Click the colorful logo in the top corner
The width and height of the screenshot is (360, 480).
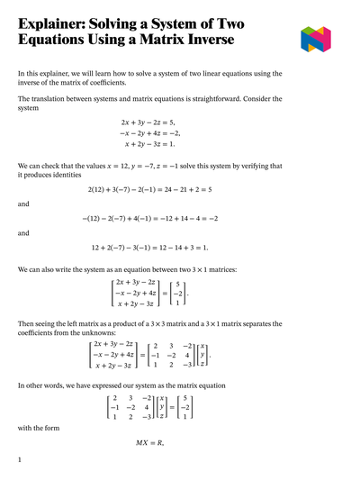pyautogui.click(x=315, y=39)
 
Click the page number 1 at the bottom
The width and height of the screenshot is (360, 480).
pyautogui.click(x=19, y=460)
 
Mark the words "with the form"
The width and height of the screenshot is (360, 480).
pyautogui.click(x=38, y=428)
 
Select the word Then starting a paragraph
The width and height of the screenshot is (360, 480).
pyautogui.click(x=27, y=323)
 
